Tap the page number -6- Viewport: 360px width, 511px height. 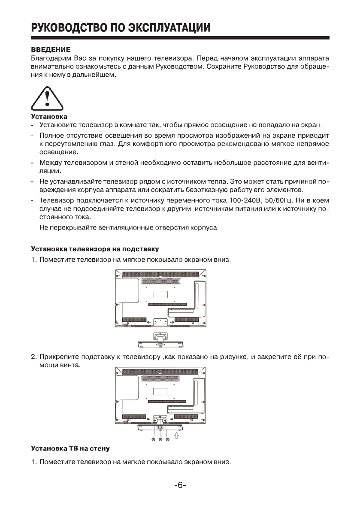[x=180, y=486]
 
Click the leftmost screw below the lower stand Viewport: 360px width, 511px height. [x=153, y=440]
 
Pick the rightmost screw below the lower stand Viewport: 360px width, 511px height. [x=167, y=440]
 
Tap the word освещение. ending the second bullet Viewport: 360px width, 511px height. [x=53, y=152]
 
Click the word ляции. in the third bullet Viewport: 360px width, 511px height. [x=48, y=171]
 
